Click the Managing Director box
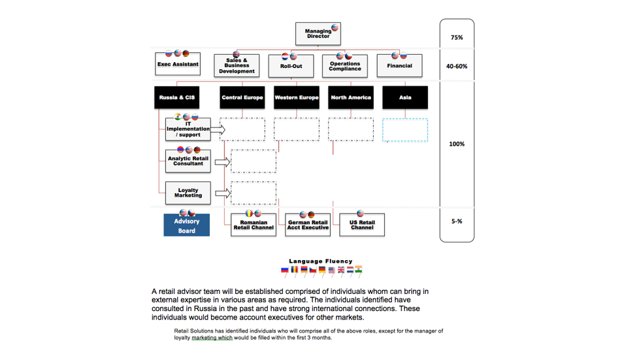318,33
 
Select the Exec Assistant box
178,64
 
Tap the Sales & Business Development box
237,66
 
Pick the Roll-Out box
291,66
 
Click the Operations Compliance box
345,66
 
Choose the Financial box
399,66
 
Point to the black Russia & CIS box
177,97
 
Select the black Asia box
405,97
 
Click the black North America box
351,97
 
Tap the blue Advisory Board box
186,225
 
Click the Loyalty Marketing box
188,193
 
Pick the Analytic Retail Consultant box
188,161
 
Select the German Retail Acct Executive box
308,225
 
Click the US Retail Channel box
362,225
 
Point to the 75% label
457,37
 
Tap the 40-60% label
457,66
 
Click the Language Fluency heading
321,261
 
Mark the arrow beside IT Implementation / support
218,129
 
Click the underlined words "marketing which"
212,338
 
